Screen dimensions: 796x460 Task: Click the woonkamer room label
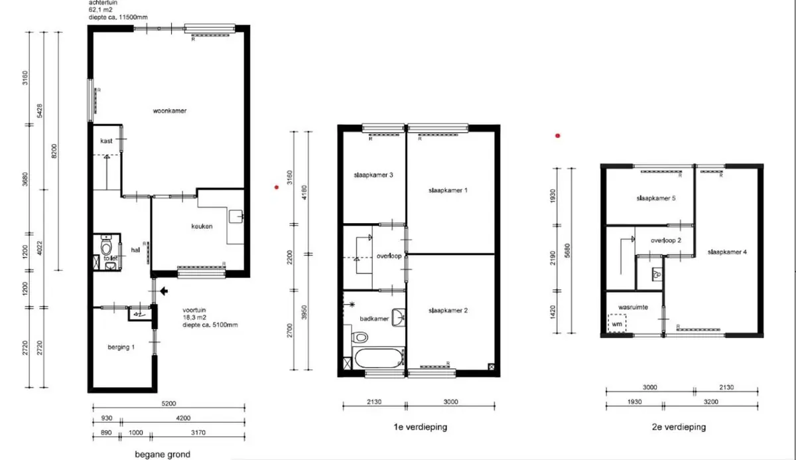point(170,111)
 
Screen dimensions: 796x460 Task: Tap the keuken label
point(202,226)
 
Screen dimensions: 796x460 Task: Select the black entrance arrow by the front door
point(164,291)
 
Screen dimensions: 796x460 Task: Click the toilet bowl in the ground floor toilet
point(106,247)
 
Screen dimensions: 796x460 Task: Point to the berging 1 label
point(121,347)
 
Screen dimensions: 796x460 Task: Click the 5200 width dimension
point(168,404)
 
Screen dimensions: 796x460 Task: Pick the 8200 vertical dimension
point(54,151)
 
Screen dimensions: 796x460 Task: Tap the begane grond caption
point(163,454)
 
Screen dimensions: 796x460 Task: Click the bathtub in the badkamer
point(378,358)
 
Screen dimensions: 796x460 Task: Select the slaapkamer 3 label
point(373,175)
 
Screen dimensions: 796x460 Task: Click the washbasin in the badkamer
point(399,317)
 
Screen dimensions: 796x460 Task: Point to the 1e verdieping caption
point(421,427)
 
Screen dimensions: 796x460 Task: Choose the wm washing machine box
point(617,323)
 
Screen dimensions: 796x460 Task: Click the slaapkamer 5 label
point(656,198)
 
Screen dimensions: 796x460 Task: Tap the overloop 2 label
point(666,240)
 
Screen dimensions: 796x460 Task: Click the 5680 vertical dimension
point(567,251)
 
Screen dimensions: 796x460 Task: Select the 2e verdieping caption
point(679,427)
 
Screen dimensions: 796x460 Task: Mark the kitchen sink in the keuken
point(236,216)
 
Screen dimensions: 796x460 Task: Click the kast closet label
point(106,141)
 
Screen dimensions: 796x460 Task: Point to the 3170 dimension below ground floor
point(198,433)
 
